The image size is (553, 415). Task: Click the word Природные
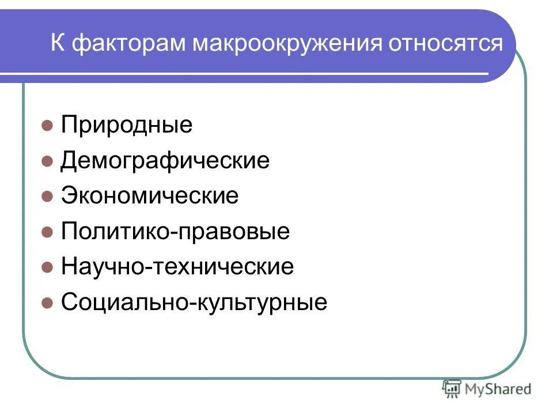[127, 125]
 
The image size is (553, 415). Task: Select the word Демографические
[165, 161]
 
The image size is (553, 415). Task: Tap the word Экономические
[149, 196]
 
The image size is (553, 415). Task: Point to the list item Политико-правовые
[175, 232]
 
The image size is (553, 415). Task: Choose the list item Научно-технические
[177, 267]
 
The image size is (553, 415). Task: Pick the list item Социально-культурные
[194, 303]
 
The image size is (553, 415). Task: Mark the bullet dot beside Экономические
[48, 197]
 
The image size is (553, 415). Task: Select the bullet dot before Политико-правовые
[48, 232]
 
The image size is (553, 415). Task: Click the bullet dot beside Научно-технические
[48, 267]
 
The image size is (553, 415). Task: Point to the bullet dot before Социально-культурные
[48, 303]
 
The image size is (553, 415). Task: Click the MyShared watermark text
[498, 389]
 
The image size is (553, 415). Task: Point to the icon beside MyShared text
[451, 389]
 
